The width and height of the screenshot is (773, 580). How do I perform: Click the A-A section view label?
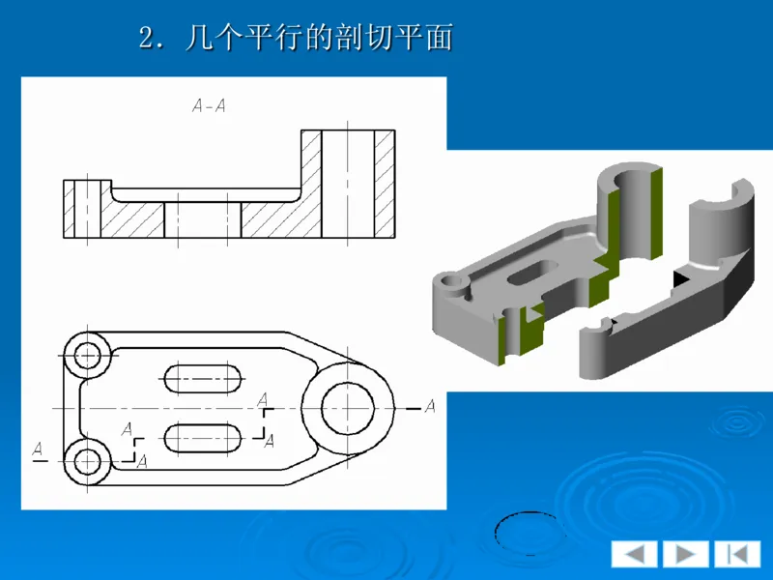click(209, 106)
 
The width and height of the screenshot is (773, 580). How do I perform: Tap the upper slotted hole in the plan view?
click(204, 377)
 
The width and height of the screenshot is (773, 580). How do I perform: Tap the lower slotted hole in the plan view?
click(204, 439)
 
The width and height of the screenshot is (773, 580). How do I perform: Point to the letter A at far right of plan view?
click(430, 406)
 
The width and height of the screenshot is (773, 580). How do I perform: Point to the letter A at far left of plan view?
click(38, 449)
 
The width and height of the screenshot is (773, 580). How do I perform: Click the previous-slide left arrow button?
click(634, 554)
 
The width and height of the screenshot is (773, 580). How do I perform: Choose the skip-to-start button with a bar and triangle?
click(737, 554)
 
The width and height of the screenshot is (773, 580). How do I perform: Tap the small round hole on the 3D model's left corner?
click(450, 282)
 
